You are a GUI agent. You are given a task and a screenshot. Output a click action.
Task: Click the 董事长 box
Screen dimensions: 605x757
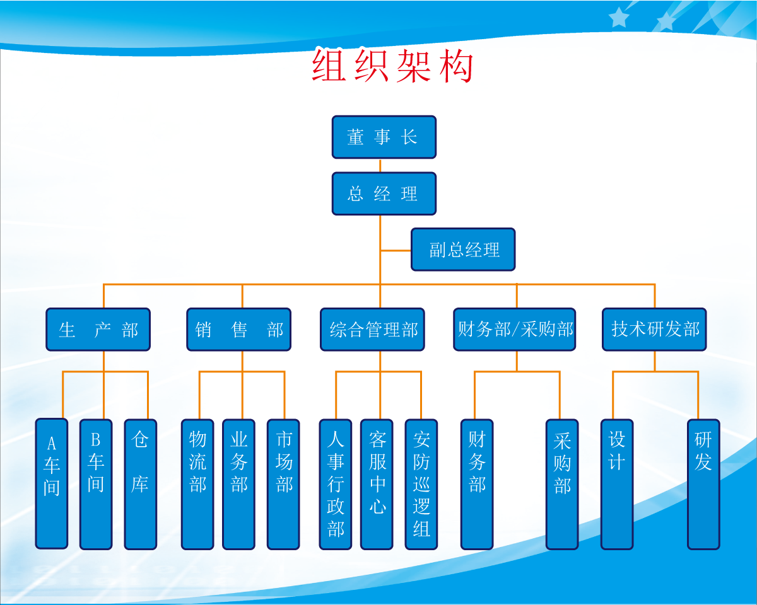[x=384, y=137]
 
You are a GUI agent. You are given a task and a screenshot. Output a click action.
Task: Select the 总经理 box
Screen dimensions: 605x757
[x=384, y=193]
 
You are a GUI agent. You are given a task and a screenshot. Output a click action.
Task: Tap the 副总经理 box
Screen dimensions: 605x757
[x=463, y=250]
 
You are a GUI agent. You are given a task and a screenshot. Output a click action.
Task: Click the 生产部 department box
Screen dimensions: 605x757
[x=98, y=329]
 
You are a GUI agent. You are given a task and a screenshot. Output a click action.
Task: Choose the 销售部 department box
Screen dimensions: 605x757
[x=238, y=329]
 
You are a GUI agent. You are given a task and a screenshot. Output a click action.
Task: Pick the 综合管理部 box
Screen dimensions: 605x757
[x=372, y=329]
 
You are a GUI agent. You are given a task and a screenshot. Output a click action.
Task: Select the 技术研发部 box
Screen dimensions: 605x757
[x=654, y=329]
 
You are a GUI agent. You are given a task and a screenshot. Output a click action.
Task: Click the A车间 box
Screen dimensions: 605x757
[x=51, y=483]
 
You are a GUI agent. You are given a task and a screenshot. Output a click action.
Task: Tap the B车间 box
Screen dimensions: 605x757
[x=95, y=483]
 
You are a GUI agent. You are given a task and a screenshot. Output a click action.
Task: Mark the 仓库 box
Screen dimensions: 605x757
[x=140, y=483]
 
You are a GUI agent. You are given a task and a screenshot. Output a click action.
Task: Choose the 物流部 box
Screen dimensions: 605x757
[x=197, y=483]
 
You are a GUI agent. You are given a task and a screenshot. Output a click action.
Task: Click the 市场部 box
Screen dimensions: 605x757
[x=283, y=483]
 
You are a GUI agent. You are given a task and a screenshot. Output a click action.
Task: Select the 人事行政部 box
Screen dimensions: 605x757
[x=335, y=483]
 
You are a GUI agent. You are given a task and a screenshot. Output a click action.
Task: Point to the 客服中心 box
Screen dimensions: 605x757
[x=377, y=483]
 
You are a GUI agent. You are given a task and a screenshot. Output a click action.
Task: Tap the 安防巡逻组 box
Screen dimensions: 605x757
[x=421, y=483]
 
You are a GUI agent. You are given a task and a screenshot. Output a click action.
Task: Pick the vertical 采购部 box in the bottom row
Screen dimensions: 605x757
[x=561, y=483]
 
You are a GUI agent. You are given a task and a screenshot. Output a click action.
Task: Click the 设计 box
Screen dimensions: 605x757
[x=616, y=483]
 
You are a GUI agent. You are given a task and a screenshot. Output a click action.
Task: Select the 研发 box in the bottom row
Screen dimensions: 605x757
[x=703, y=483]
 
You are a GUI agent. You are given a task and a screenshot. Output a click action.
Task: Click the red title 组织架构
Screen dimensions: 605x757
[x=392, y=67]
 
